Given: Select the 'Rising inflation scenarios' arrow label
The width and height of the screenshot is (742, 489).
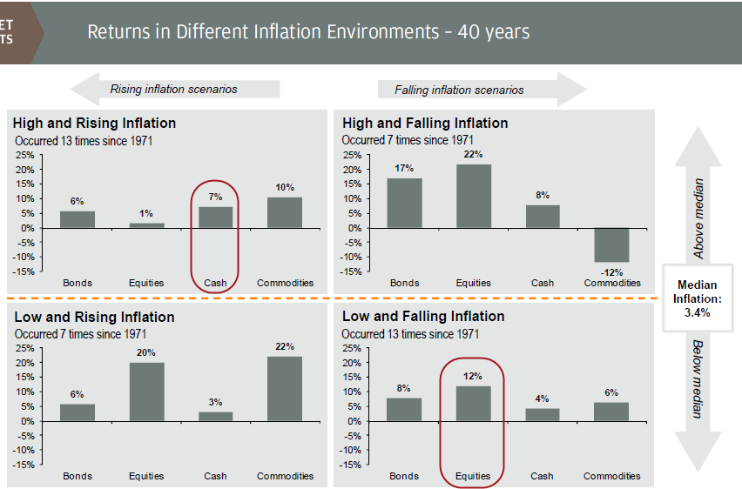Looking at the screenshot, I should pyautogui.click(x=173, y=89).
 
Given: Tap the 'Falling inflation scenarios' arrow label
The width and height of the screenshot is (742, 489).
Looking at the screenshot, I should pyautogui.click(x=459, y=90).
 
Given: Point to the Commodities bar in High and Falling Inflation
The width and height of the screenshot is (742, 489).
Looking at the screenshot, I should pyautogui.click(x=611, y=244).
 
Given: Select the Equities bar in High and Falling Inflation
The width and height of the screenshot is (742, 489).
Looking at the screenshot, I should pyautogui.click(x=474, y=196).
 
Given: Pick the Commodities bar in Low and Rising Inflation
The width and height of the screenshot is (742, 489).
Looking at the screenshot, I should pyautogui.click(x=285, y=389).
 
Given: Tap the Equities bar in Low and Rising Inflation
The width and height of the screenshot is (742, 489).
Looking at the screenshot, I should pyautogui.click(x=146, y=392).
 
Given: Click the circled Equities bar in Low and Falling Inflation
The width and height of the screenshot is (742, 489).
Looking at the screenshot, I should pyautogui.click(x=474, y=404).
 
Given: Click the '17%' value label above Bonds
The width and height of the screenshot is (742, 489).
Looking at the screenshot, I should pyautogui.click(x=404, y=168).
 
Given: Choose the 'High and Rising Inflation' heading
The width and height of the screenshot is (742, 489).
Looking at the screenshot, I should pyautogui.click(x=94, y=123).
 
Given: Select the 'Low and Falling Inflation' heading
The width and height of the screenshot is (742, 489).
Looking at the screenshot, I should pyautogui.click(x=423, y=316).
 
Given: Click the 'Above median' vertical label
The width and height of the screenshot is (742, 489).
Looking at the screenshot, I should pyautogui.click(x=698, y=218).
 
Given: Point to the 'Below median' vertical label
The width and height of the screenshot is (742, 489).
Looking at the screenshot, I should pyautogui.click(x=697, y=379).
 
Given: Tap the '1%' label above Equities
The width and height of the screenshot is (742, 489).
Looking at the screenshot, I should pyautogui.click(x=146, y=213).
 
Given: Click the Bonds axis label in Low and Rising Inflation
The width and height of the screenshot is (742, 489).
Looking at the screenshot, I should pyautogui.click(x=78, y=476).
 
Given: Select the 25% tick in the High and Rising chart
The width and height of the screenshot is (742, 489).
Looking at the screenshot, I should pyautogui.click(x=24, y=156).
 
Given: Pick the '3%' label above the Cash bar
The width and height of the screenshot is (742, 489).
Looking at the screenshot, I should pyautogui.click(x=216, y=402).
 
